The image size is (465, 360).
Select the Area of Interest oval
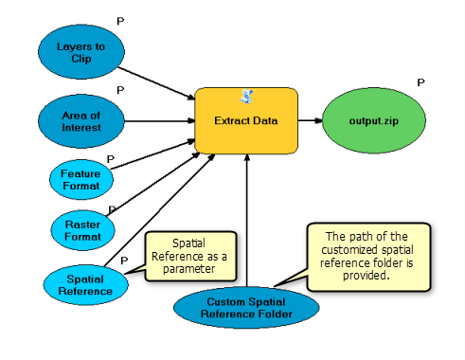(80, 121)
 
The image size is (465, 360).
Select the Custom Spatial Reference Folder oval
(248, 308)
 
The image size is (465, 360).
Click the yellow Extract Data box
(245, 121)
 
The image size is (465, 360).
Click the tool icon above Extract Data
(245, 97)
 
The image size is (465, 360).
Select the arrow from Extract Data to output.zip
(310, 121)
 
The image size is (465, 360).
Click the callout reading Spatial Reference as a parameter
(189, 253)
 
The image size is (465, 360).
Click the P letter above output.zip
(420, 83)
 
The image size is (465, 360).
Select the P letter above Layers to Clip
(119, 20)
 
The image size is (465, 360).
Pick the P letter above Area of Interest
(119, 90)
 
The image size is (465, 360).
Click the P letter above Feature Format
(111, 159)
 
